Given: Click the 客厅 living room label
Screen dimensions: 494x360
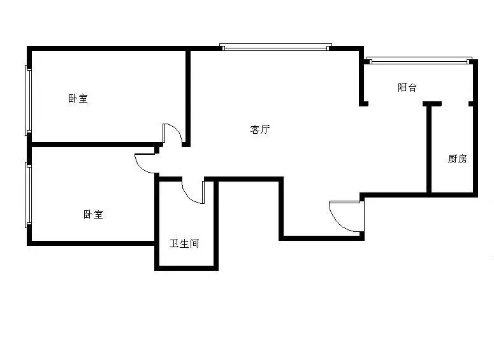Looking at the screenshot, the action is coord(260,129).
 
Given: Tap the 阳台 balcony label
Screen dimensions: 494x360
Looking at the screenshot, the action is coord(407,87).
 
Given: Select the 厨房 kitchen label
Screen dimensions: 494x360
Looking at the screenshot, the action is coord(458,159).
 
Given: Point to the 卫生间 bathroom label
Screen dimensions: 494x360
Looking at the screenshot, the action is coord(184,243).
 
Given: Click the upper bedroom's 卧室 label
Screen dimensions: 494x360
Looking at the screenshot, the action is coord(78,98).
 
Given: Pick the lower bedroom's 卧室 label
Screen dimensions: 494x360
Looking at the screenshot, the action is coord(93,215).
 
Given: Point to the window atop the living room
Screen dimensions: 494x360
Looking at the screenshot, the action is coord(275,47).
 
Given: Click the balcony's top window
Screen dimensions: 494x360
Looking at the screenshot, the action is coord(419,61).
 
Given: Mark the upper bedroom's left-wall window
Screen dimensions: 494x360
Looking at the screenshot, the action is coord(28,100).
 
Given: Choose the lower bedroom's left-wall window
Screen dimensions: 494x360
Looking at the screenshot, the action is coord(28,195).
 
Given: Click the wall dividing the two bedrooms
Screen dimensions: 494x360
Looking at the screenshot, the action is coord(95,145).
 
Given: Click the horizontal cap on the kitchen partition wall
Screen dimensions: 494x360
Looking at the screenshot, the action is coord(432,104).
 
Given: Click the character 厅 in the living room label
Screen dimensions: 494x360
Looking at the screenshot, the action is coord(265,129).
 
